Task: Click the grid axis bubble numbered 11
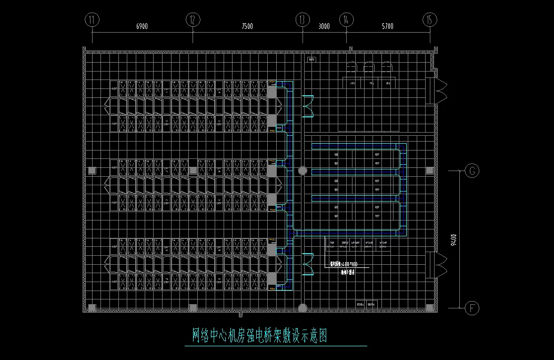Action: point(92,20)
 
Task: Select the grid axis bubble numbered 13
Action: point(302,20)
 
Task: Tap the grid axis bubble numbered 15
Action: point(430,20)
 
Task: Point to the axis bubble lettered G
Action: point(472,171)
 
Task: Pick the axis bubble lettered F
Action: point(472,307)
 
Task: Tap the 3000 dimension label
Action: point(324,26)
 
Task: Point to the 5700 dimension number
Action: point(387,26)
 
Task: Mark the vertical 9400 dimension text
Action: point(454,239)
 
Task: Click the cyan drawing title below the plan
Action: point(260,335)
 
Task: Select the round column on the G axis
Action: point(303,171)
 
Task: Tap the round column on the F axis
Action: point(303,307)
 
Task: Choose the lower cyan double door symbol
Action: point(307,264)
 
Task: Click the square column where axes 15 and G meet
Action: point(430,171)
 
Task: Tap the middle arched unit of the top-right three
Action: point(369,68)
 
